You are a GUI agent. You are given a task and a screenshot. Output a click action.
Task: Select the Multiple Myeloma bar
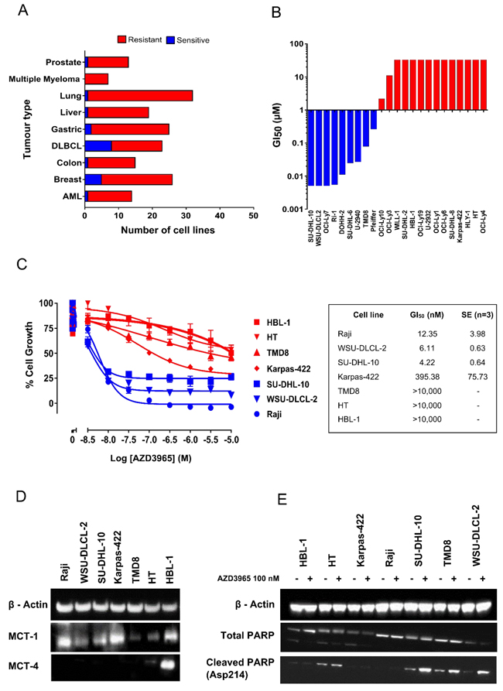[97, 78]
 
